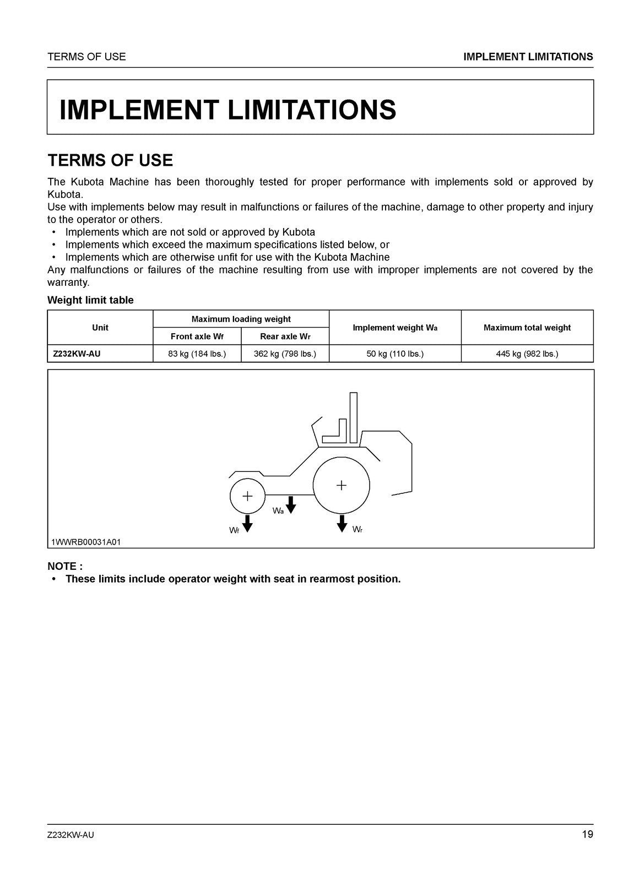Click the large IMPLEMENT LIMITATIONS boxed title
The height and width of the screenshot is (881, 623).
(227, 109)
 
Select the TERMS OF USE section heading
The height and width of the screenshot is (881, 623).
(110, 160)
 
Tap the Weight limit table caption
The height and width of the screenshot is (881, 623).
(90, 300)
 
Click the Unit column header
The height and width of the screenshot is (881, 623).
(100, 328)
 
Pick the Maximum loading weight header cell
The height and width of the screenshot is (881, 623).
(241, 319)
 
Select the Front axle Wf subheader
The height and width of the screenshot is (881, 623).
(197, 336)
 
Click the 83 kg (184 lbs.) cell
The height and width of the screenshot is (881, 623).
(197, 354)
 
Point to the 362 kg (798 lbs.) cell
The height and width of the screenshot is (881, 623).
(285, 354)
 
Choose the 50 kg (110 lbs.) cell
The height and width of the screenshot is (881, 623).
(395, 354)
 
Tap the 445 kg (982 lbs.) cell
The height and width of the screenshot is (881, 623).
(527, 354)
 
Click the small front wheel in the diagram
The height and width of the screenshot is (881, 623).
(247, 496)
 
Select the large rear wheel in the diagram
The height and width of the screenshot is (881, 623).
(342, 485)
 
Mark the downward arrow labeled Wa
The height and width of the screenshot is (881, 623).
(291, 504)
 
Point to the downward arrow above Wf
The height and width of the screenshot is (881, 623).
(247, 523)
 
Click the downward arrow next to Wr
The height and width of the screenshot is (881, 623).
(342, 523)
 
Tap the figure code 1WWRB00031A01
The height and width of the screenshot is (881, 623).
(86, 542)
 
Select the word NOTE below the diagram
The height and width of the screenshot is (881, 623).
(64, 566)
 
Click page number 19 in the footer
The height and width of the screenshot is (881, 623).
(587, 834)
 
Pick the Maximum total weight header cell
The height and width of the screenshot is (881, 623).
(527, 328)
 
